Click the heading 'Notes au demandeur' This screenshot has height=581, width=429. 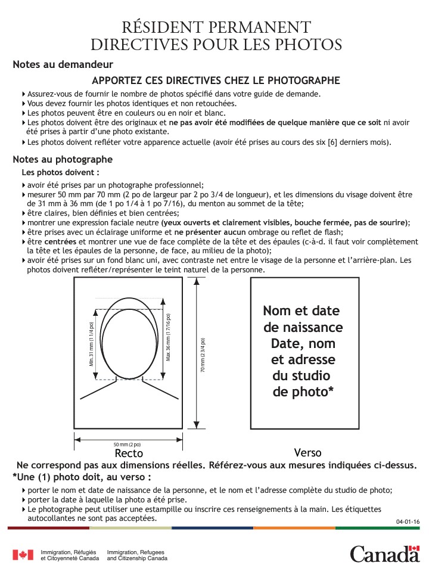[63, 64]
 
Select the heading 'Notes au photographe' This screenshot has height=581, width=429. [63, 160]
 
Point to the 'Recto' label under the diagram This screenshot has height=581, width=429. [129, 453]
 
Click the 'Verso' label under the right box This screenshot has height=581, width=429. [308, 452]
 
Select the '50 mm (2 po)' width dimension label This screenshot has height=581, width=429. [127, 445]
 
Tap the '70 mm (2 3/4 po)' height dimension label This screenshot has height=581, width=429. [203, 356]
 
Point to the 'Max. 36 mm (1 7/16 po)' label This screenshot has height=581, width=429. [169, 337]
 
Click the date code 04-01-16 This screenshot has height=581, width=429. [408, 522]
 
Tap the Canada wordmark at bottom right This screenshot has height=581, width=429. [385, 554]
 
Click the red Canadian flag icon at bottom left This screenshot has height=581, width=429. [23, 555]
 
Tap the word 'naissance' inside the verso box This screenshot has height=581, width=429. [303, 327]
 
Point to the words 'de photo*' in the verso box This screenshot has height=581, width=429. [303, 392]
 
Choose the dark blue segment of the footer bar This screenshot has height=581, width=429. [212, 528]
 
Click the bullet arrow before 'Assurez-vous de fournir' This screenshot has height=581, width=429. [23, 94]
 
